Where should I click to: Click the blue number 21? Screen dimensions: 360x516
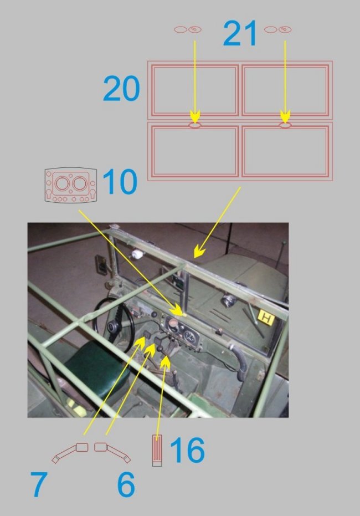240,33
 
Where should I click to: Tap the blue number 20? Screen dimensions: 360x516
121,88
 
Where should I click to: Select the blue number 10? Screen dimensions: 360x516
120,181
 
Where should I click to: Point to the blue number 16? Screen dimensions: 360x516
187,450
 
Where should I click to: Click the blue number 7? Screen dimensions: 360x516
39,484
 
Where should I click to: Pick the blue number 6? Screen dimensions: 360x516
126,484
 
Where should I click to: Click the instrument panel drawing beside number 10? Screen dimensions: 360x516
70,185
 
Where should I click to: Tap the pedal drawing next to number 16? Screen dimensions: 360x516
157,450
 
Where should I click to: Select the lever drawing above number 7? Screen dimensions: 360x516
70,452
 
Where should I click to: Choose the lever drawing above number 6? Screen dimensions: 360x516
112,452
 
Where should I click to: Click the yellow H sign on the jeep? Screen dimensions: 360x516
266,318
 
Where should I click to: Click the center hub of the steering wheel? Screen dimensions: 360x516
114,328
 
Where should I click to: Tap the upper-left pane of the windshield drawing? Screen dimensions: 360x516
194,90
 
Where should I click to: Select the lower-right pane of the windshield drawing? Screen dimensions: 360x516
285,151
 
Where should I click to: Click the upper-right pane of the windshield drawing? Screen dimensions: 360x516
285,90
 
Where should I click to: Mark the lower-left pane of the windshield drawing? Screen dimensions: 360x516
194,151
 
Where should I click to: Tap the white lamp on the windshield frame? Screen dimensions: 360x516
137,254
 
